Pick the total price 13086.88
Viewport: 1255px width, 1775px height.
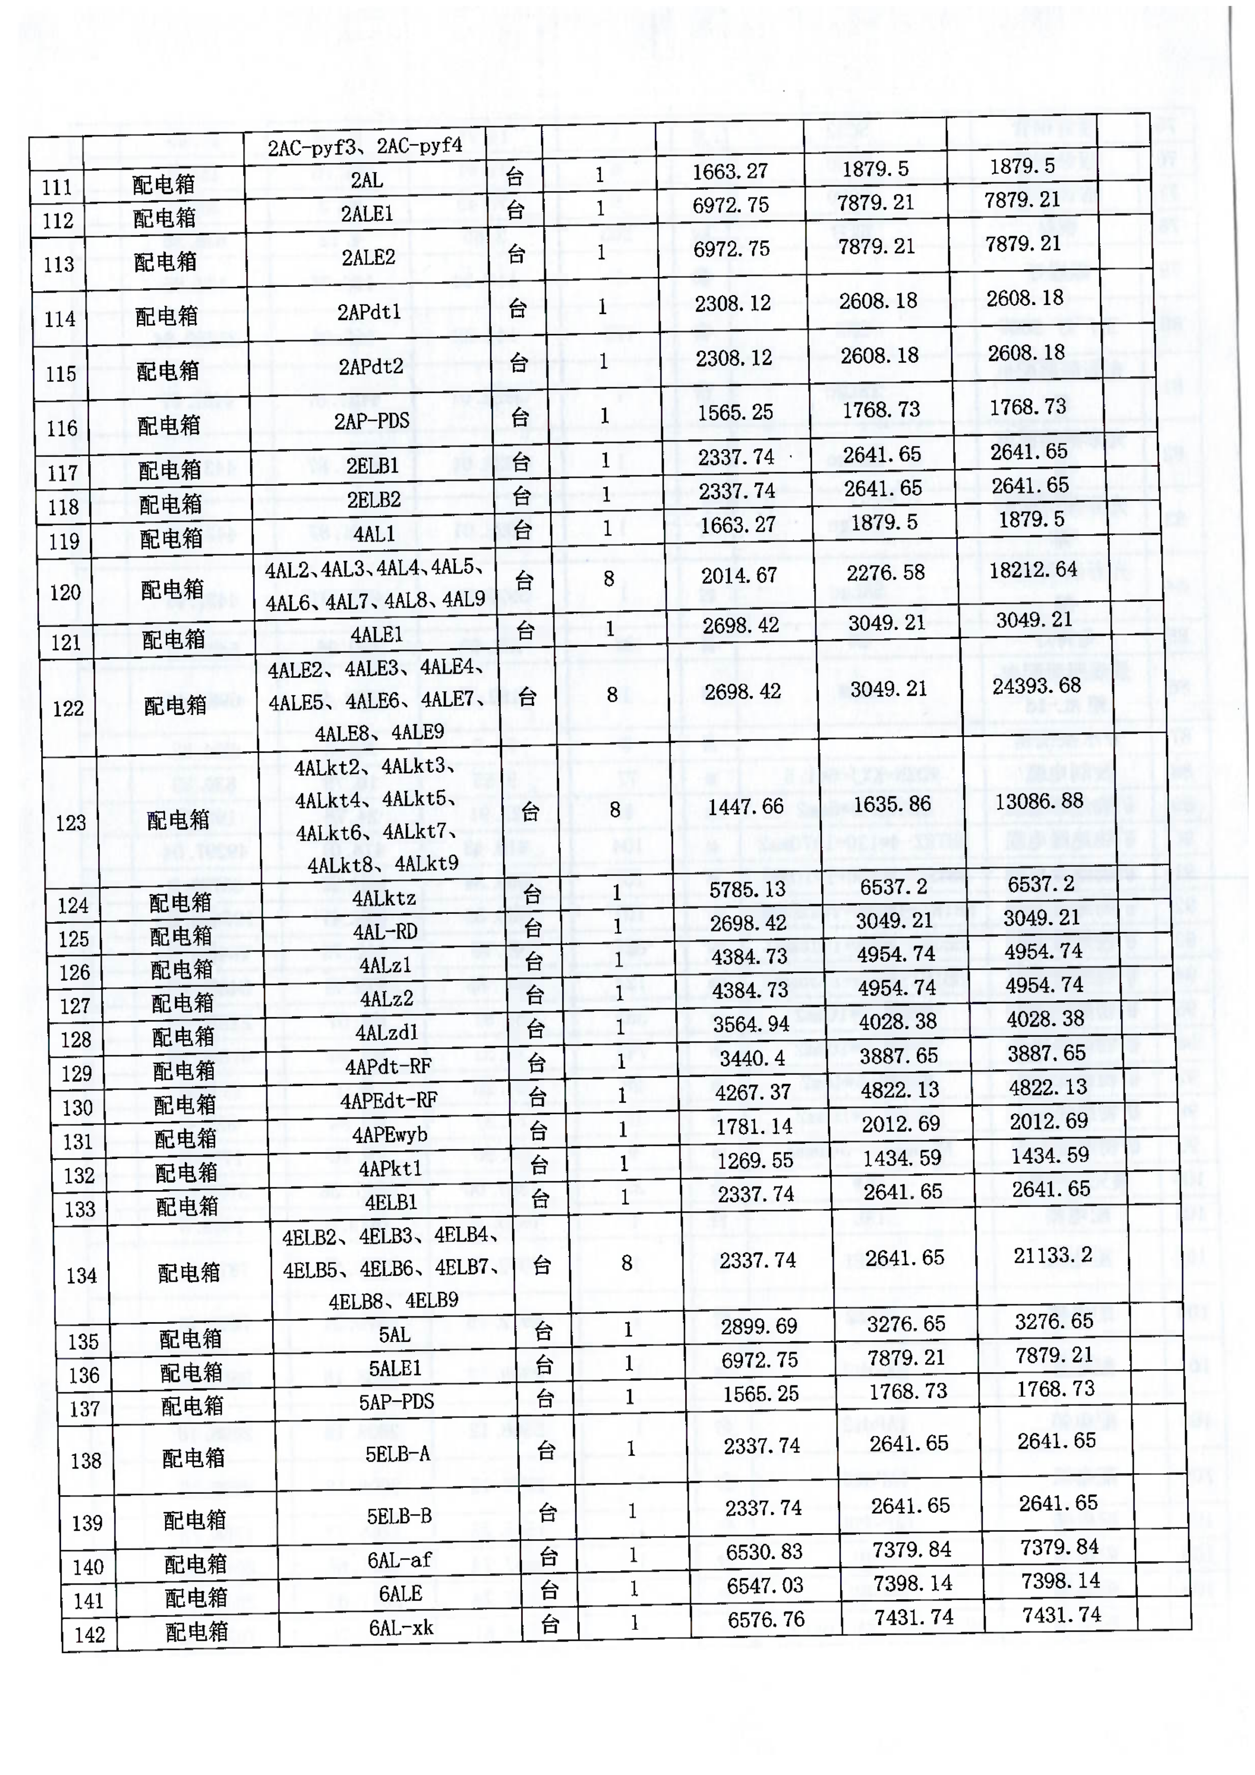[x=1040, y=801]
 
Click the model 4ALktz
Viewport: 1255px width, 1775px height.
[x=384, y=898]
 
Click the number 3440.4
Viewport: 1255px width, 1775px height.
[x=752, y=1058]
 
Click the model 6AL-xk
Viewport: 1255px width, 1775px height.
[x=401, y=1627]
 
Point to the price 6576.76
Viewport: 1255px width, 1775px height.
[x=766, y=1619]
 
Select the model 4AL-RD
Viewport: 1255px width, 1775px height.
[x=385, y=932]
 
